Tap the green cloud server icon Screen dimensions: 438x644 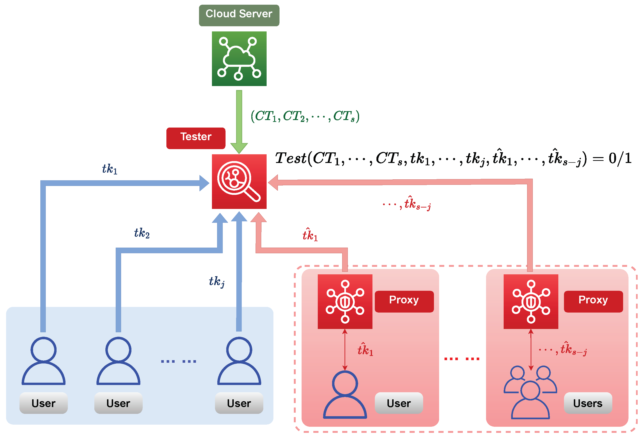pos(239,58)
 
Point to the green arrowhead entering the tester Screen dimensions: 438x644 pos(239,148)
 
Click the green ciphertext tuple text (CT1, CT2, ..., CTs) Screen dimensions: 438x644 pos(305,116)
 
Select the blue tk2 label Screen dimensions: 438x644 pos(142,233)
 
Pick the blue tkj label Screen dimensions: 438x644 pos(216,281)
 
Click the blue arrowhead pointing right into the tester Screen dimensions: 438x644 pos(204,183)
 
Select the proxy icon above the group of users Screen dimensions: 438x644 pos(530,301)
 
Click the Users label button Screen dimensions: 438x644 pos(587,403)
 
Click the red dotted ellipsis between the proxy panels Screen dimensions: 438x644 pos(461,359)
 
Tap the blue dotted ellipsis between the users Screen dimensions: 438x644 pos(179,361)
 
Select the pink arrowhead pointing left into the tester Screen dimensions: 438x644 pos(273,182)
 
